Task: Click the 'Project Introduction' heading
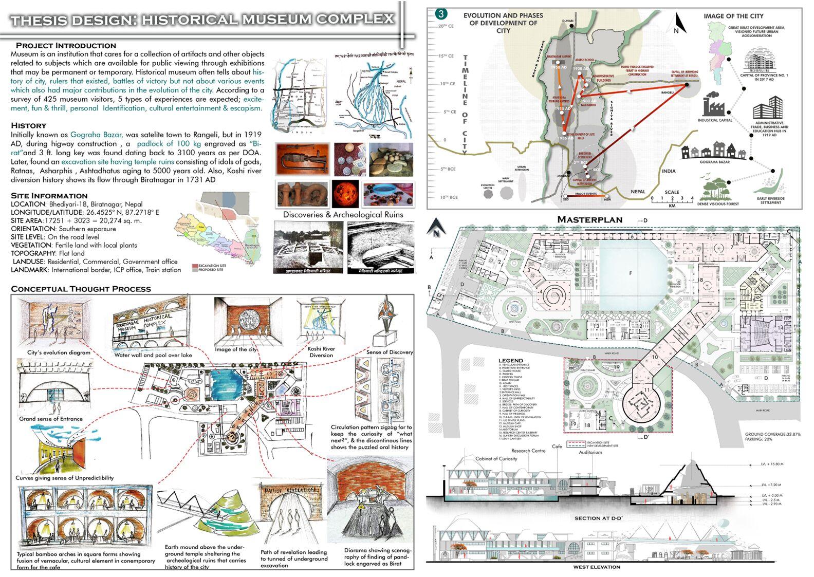coord(66,45)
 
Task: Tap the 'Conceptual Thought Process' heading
coord(81,289)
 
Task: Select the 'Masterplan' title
coord(589,220)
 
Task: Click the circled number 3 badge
coord(441,14)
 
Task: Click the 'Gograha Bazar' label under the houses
coord(714,161)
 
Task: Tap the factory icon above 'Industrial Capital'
coord(714,105)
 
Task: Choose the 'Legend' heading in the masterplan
coord(510,360)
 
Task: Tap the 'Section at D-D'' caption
coord(598,518)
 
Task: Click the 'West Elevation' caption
coord(597,567)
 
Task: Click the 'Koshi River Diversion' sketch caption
coord(321,352)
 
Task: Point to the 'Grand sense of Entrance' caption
coord(51,419)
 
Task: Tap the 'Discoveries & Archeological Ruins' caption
coord(343,215)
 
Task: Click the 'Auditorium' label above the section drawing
coord(590,453)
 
